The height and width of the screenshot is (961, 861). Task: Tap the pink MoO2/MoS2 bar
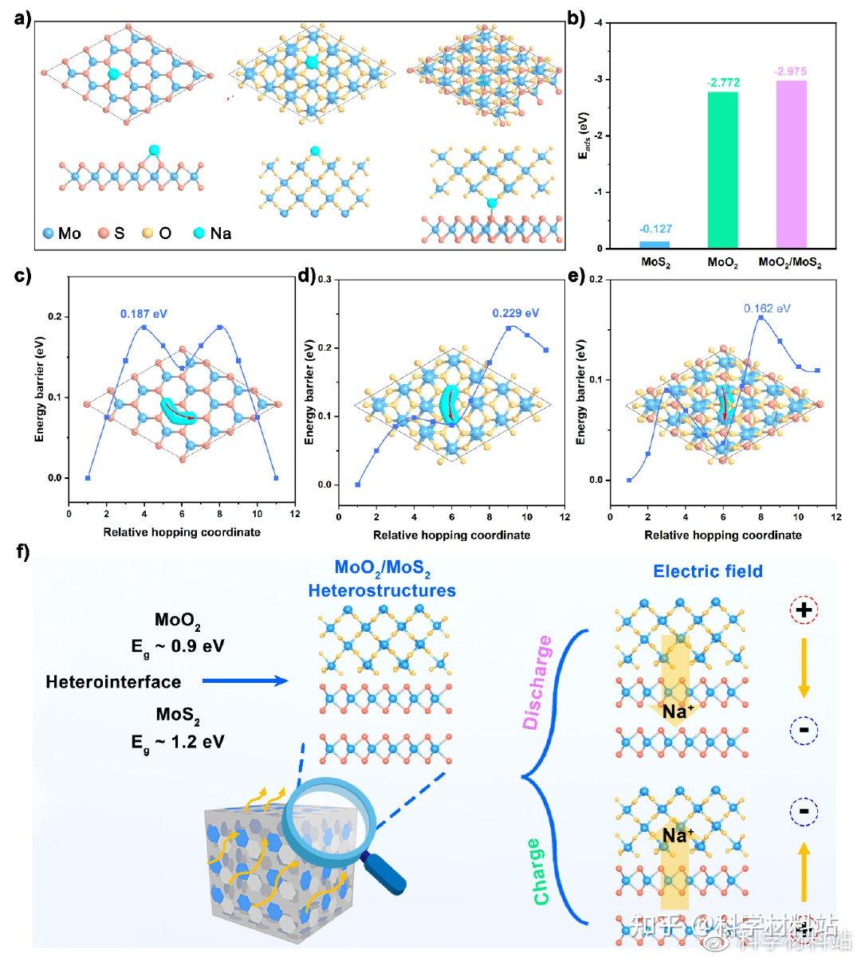click(791, 164)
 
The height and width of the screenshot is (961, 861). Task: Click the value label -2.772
click(722, 83)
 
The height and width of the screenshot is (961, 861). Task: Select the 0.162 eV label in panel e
click(767, 308)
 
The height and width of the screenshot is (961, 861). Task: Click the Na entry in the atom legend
click(211, 233)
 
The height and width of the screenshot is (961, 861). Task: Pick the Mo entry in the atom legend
click(61, 233)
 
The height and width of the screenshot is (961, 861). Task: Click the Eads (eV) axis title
click(584, 135)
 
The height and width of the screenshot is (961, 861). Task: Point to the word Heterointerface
click(113, 681)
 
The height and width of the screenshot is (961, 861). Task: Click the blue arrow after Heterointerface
click(244, 681)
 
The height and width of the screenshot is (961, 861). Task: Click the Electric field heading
click(708, 571)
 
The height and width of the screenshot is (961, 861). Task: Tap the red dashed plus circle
click(804, 611)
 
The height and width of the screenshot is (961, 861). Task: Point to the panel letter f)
click(26, 552)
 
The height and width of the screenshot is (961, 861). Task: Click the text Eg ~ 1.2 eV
click(178, 742)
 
